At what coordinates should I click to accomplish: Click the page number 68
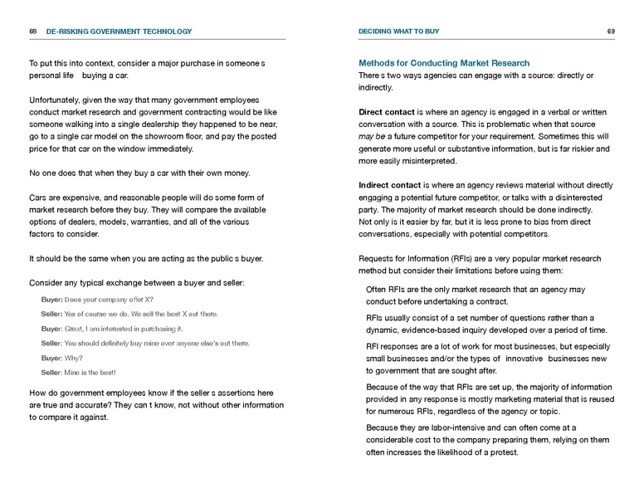pos(32,32)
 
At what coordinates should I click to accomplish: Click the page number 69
pos(611,32)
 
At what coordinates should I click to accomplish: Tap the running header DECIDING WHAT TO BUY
pos(399,32)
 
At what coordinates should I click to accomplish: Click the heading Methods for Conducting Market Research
pos(444,63)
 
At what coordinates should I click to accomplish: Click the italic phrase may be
pos(370,136)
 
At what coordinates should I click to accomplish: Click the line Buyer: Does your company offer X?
pos(97,300)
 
